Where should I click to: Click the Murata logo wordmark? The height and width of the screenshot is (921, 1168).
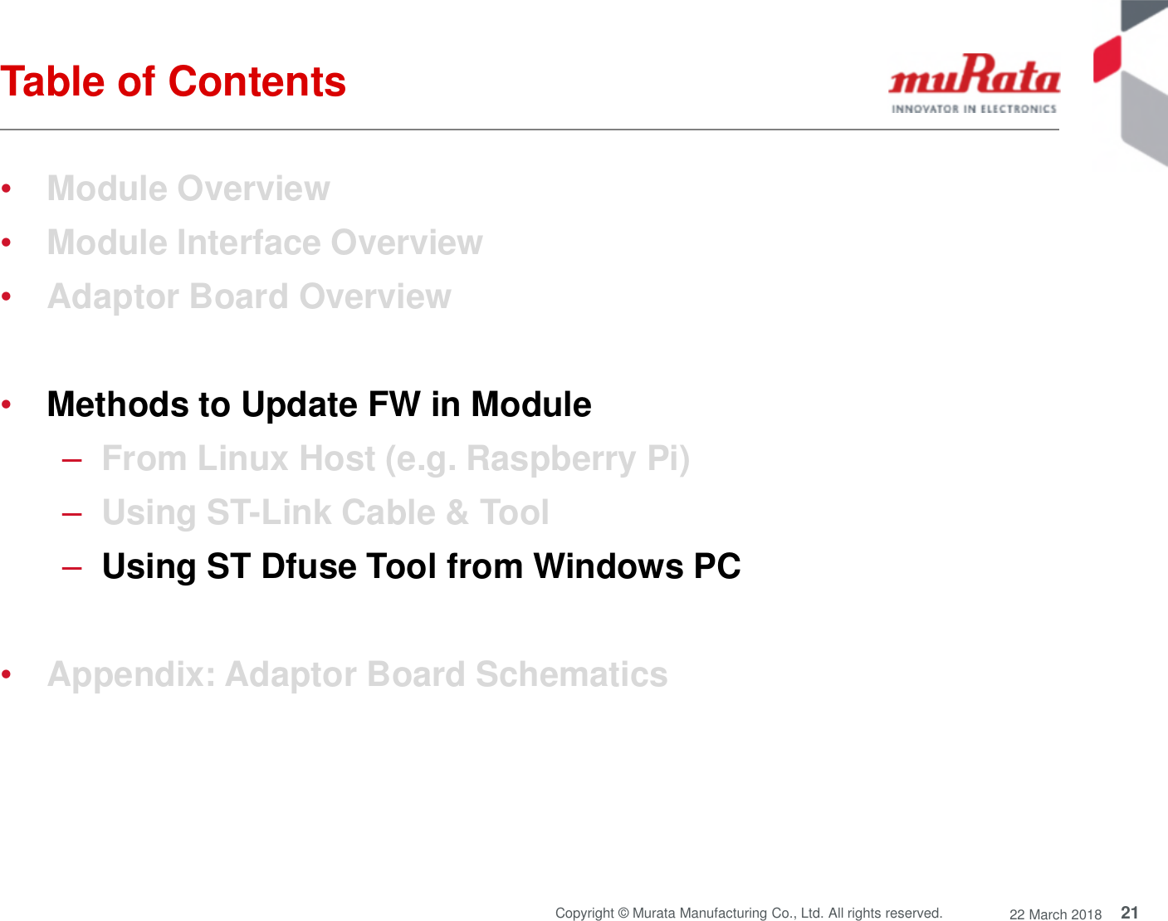click(974, 76)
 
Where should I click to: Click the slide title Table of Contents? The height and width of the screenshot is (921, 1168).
click(173, 81)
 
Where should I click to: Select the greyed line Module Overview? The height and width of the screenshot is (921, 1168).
click(188, 189)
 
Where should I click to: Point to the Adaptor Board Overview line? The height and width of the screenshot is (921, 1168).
click(249, 296)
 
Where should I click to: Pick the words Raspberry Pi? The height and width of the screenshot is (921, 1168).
click(578, 458)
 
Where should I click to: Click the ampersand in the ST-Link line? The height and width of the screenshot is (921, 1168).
click(457, 512)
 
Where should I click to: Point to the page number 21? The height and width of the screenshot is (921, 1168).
click(1129, 913)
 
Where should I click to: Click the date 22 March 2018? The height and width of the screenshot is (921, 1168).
click(1055, 914)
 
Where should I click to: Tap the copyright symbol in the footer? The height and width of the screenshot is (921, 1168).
click(623, 914)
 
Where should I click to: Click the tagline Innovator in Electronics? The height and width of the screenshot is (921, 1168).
click(974, 109)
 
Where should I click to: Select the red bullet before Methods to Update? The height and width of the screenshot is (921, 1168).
click(7, 405)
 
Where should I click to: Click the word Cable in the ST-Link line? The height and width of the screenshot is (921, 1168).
click(388, 512)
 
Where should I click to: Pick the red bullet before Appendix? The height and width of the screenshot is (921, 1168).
click(7, 675)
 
